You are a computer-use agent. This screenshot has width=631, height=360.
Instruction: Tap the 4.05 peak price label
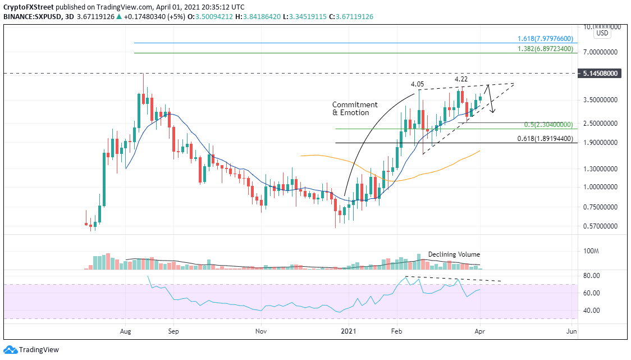[417, 84]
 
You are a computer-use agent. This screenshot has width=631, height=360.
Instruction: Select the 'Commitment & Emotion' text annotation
[355, 108]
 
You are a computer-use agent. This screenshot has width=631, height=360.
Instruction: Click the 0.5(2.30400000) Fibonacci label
[548, 125]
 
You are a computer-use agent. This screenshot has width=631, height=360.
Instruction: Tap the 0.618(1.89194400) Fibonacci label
[545, 138]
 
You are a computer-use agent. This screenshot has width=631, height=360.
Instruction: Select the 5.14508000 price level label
[601, 74]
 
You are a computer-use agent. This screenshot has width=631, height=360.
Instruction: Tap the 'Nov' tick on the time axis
[260, 332]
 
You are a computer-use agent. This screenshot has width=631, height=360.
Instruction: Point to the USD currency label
[602, 33]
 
